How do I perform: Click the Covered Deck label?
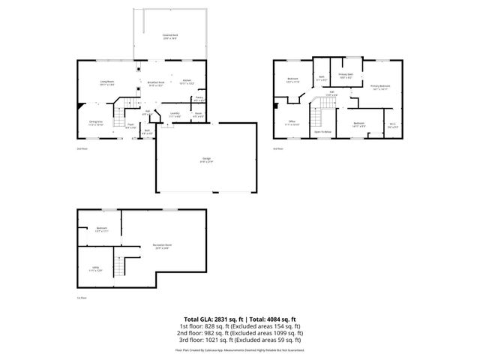[x=170, y=35]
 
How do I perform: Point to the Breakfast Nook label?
[x=156, y=83]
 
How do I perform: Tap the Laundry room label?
[x=175, y=115]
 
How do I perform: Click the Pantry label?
[x=199, y=97]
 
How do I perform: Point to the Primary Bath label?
[x=346, y=75]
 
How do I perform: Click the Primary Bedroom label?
[x=380, y=86]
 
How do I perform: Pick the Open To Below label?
[x=323, y=130]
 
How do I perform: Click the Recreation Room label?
[x=163, y=245]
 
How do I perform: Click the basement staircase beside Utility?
[x=118, y=265]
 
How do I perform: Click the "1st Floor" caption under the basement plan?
[x=82, y=298]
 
